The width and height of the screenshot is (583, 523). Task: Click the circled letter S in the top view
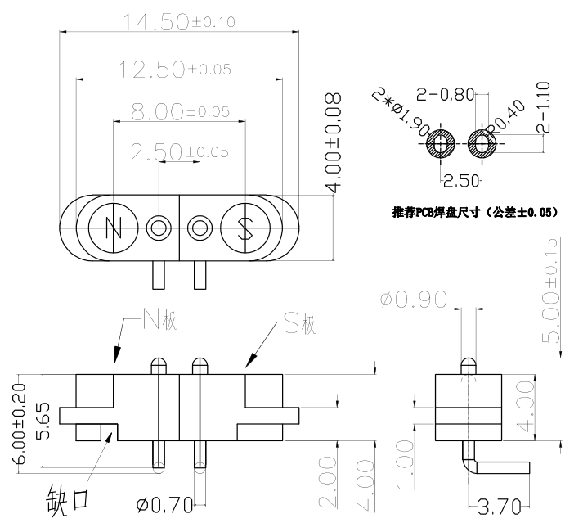[244, 227]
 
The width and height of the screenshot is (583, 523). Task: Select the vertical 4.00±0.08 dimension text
[334, 143]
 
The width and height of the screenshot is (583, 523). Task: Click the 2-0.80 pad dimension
[445, 94]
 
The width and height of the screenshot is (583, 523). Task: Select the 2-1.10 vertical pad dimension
[545, 106]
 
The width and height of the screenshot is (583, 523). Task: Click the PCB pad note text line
[475, 213]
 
